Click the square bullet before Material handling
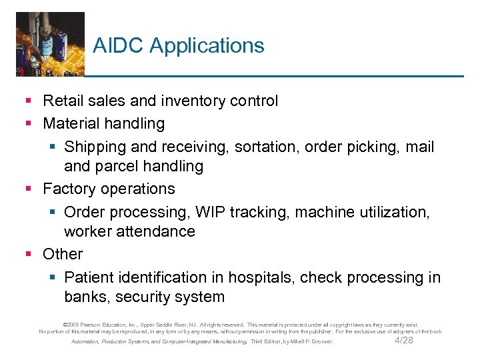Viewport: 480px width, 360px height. (x=29, y=123)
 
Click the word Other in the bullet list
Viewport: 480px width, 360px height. (x=63, y=254)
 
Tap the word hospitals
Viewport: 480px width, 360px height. (x=257, y=277)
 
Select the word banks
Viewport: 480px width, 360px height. (x=85, y=297)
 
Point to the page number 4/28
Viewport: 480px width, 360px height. (x=404, y=341)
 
